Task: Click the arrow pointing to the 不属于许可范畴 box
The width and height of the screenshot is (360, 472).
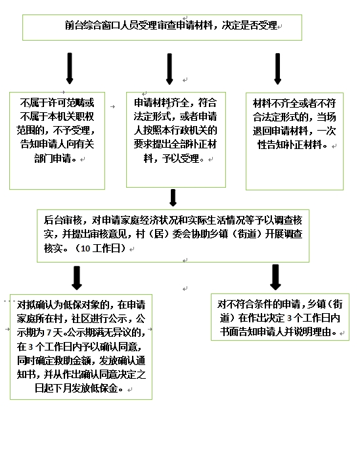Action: [x=70, y=68]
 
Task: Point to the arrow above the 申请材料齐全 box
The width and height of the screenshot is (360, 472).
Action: [x=169, y=69]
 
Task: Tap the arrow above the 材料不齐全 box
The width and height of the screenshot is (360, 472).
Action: [x=278, y=69]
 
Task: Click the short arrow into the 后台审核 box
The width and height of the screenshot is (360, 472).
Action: [x=173, y=198]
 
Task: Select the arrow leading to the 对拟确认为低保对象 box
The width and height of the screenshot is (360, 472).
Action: [x=77, y=278]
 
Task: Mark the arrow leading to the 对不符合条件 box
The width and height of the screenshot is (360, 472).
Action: [x=275, y=277]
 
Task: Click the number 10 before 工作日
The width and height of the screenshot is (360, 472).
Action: [x=85, y=249]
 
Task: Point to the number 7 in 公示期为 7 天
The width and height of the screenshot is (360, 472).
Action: [x=49, y=333]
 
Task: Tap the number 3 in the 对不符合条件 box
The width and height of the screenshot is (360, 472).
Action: [x=289, y=318]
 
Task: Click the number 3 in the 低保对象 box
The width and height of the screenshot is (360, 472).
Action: [x=30, y=347]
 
